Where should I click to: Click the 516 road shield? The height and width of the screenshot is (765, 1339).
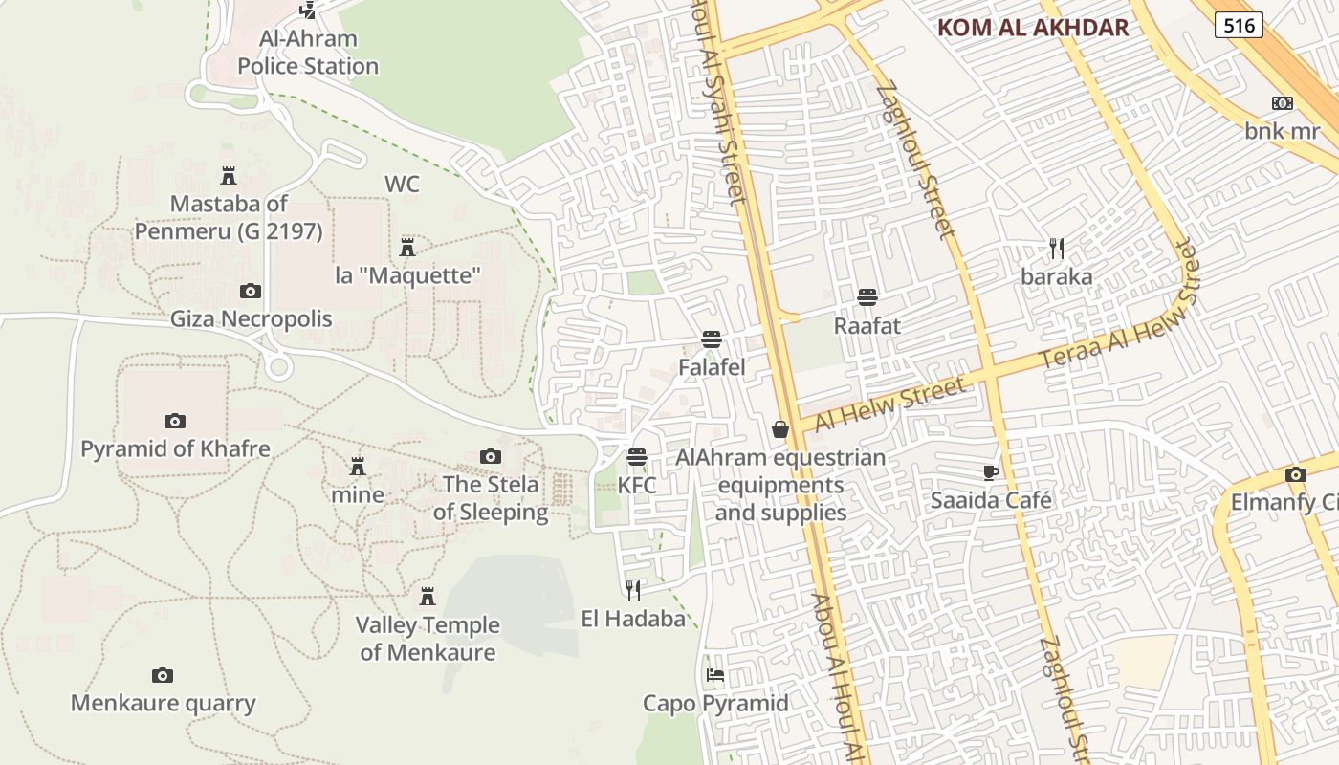click(1239, 25)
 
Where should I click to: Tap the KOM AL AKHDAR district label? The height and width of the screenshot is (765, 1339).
click(1033, 27)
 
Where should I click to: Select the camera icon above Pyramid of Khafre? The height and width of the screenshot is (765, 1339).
click(174, 421)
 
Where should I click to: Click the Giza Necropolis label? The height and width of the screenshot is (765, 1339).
click(252, 318)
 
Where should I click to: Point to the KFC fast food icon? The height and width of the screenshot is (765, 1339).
click(637, 457)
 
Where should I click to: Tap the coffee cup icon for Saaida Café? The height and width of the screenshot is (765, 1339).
click(991, 472)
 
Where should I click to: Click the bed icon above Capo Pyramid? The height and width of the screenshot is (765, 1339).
click(714, 675)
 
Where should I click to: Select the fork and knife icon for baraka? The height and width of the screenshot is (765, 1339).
click(1057, 249)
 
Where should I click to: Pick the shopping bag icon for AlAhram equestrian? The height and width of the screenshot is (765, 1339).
click(780, 429)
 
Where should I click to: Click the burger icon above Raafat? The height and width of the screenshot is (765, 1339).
click(867, 297)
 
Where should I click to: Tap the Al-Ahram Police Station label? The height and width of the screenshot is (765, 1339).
click(308, 53)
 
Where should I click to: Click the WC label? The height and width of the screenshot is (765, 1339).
click(402, 184)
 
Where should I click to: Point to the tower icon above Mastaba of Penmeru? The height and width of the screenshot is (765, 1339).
click(229, 176)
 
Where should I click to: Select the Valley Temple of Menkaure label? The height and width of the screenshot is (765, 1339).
click(428, 639)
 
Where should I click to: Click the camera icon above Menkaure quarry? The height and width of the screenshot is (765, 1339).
click(163, 676)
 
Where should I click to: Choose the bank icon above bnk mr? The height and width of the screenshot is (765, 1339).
click(1282, 103)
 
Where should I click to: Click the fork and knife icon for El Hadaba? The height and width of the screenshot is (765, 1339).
click(633, 590)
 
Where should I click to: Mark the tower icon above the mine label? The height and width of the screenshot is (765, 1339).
click(358, 467)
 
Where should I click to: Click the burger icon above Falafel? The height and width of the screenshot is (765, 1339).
click(711, 339)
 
